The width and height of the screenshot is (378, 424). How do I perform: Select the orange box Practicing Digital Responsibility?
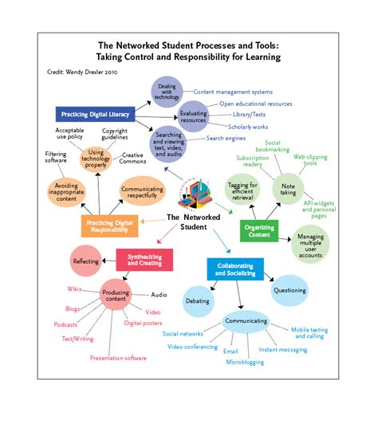(x=110, y=226)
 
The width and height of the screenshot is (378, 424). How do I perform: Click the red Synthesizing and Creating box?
(x=144, y=258)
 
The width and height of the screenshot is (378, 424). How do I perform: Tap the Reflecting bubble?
(x=86, y=261)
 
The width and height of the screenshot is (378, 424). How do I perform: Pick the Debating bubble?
(x=198, y=301)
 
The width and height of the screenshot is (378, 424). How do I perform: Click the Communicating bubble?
(x=245, y=321)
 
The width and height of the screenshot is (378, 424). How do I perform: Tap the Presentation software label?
(x=118, y=358)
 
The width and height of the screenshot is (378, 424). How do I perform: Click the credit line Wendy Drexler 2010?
(x=87, y=71)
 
